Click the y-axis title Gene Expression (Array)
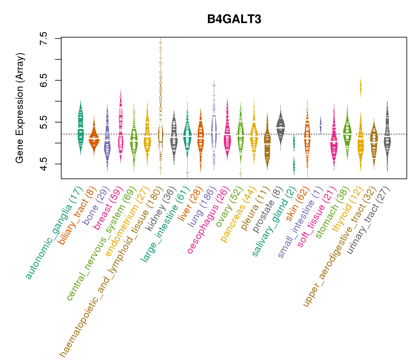20,108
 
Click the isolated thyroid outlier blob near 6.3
361,87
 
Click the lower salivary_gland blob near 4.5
294,166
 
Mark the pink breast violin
121,126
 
